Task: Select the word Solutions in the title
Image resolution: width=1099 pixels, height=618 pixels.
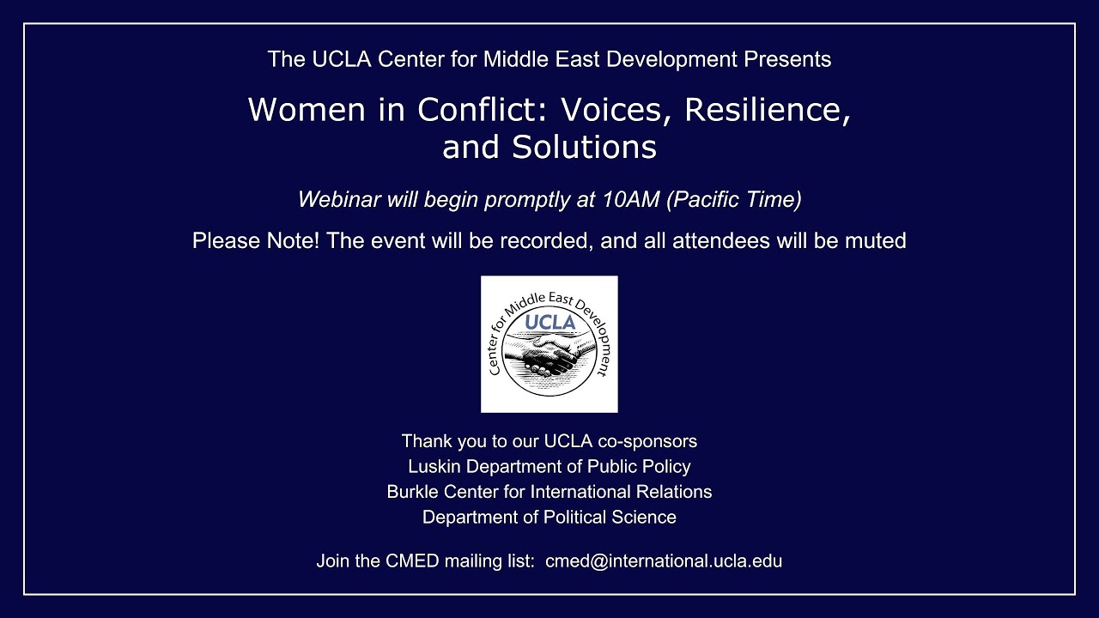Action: click(585, 148)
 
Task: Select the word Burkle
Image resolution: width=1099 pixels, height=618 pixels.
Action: click(412, 492)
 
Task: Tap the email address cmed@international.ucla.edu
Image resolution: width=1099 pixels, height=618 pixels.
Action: click(664, 561)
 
